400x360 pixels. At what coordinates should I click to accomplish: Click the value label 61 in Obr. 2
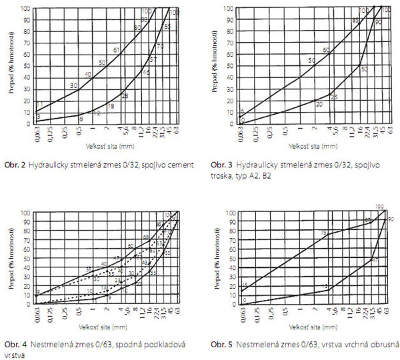tap(117, 50)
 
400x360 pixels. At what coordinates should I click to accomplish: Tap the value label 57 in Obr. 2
tap(153, 60)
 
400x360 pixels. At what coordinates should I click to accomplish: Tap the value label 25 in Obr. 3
tap(334, 97)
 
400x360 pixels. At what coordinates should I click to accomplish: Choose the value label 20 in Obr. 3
tap(319, 105)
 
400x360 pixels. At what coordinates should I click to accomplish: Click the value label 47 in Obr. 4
tap(117, 258)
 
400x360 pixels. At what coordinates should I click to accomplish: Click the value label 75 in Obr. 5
tap(323, 233)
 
